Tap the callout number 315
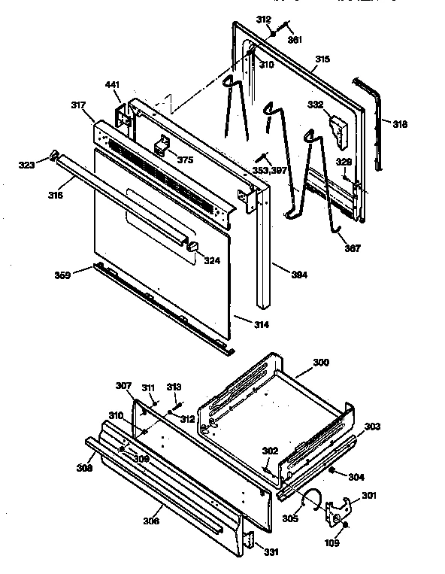322,59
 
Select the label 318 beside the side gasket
400,124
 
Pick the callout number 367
351,248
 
